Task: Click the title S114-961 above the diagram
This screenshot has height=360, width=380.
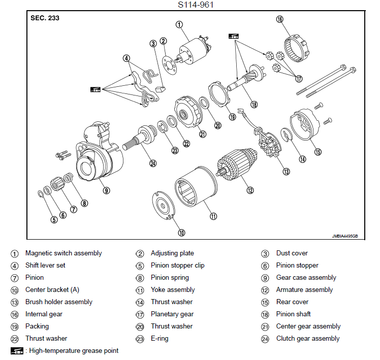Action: click(x=196, y=5)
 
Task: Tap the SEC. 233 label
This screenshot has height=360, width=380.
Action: click(x=45, y=18)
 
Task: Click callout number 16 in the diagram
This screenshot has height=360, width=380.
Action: click(x=280, y=19)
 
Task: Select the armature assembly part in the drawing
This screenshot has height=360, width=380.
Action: click(x=236, y=165)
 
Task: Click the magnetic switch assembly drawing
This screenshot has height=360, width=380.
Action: click(x=194, y=50)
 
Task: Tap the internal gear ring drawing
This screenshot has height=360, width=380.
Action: click(x=297, y=48)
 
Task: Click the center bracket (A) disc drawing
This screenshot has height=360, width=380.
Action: click(x=164, y=206)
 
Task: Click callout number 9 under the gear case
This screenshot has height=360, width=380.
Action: click(x=106, y=190)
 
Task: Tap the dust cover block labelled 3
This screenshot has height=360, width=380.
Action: click(x=160, y=89)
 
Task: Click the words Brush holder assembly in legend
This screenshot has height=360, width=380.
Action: click(x=59, y=302)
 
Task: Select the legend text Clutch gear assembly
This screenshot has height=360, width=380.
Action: click(x=308, y=339)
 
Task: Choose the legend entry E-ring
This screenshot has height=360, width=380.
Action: click(x=160, y=339)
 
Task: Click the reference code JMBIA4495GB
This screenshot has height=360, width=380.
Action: click(x=345, y=236)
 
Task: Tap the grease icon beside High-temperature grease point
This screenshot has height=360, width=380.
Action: click(x=17, y=350)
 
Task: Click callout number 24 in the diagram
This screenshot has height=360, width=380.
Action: click(x=153, y=163)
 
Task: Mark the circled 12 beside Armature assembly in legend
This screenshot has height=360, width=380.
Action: click(x=265, y=290)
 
